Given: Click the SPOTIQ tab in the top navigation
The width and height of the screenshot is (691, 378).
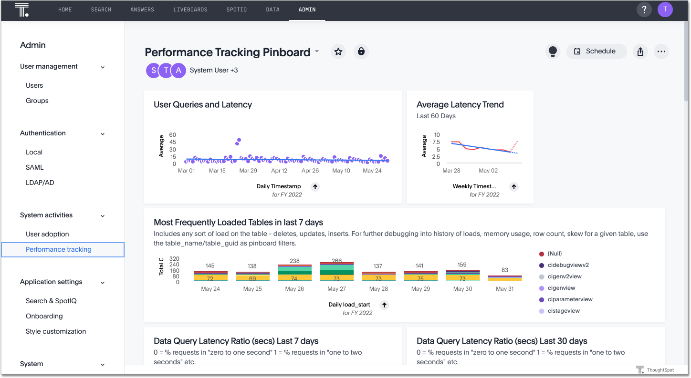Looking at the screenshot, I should pyautogui.click(x=236, y=10).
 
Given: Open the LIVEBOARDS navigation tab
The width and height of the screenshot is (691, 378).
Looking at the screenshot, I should pyautogui.click(x=190, y=10).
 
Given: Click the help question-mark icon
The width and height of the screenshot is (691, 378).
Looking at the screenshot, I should pyautogui.click(x=644, y=10).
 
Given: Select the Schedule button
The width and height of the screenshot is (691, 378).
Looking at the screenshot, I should pyautogui.click(x=596, y=51).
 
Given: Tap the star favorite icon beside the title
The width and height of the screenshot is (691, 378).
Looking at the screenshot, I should pyautogui.click(x=338, y=51).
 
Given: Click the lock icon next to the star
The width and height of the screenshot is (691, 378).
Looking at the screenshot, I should pyautogui.click(x=361, y=51).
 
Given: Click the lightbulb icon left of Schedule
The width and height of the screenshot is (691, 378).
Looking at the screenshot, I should pyautogui.click(x=553, y=51).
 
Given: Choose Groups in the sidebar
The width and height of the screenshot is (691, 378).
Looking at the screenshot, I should pyautogui.click(x=37, y=101).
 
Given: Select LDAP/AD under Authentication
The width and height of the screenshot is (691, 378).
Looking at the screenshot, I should pyautogui.click(x=40, y=183).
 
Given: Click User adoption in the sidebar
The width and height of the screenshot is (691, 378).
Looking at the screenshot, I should pyautogui.click(x=47, y=234).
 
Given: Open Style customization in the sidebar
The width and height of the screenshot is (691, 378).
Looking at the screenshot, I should pyautogui.click(x=56, y=331).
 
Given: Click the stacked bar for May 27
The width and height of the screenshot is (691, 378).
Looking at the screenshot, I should pyautogui.click(x=336, y=271).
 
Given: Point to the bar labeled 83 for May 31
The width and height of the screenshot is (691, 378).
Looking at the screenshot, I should pyautogui.click(x=504, y=278).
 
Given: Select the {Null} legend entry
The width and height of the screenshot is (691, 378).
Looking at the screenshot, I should pyautogui.click(x=555, y=254).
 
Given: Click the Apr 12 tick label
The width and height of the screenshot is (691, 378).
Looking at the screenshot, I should pyautogui.click(x=279, y=171).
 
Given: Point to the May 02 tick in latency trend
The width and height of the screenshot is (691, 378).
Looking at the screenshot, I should pyautogui.click(x=488, y=171).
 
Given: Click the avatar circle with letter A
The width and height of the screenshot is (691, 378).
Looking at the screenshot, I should pyautogui.click(x=178, y=71).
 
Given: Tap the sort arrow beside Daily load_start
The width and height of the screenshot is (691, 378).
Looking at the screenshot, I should pyautogui.click(x=385, y=305).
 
